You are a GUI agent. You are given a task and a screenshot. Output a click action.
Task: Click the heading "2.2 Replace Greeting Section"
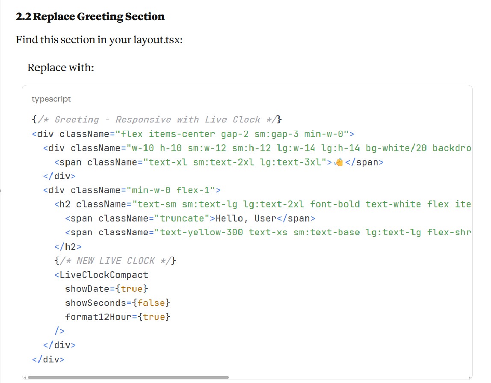[x=90, y=17]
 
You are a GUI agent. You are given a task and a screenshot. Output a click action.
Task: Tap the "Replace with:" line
[x=60, y=68]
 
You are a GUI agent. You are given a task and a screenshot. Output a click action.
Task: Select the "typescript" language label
[x=51, y=99]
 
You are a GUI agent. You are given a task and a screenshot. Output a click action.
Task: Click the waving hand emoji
[x=339, y=162]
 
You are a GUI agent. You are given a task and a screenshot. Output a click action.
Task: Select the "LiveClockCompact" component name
[x=104, y=275]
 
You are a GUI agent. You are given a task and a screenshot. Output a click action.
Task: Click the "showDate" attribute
[x=87, y=289]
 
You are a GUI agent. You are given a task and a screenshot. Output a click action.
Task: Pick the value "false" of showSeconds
[x=151, y=303]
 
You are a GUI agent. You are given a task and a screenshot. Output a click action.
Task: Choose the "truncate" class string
[x=182, y=218]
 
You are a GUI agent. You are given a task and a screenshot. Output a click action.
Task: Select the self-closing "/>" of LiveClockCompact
[x=59, y=331]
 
